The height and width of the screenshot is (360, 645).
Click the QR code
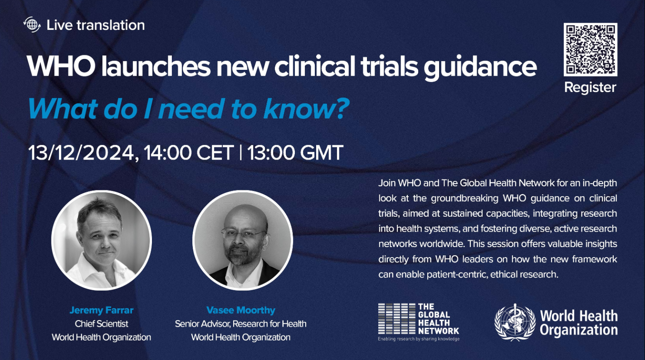pyautogui.click(x=590, y=49)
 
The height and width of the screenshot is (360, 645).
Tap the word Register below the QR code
pyautogui.click(x=590, y=88)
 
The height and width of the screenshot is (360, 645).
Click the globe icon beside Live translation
pyautogui.click(x=32, y=25)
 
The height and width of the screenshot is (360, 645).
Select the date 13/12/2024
pyautogui.click(x=81, y=152)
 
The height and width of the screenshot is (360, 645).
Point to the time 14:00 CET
pyautogui.click(x=189, y=152)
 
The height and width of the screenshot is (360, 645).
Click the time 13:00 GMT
pyautogui.click(x=295, y=152)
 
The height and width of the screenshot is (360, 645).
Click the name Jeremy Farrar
pyautogui.click(x=101, y=310)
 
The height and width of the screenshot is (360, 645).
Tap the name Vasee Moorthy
pyautogui.click(x=241, y=310)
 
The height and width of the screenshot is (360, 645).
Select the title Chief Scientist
pyautogui.click(x=101, y=324)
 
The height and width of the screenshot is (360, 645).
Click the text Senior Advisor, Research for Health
pyautogui.click(x=241, y=324)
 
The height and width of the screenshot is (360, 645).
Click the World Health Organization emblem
pyautogui.click(x=515, y=322)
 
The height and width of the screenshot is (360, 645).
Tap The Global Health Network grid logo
pyautogui.click(x=396, y=319)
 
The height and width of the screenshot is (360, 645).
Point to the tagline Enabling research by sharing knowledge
pyautogui.click(x=419, y=339)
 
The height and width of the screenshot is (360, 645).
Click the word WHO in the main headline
pyautogui.click(x=61, y=67)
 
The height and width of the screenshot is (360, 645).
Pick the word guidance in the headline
pyautogui.click(x=480, y=68)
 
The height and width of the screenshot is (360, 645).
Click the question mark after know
pyautogui.click(x=342, y=109)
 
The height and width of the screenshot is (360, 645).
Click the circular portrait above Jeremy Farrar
pyautogui.click(x=101, y=240)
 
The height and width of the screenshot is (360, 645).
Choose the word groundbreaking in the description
pyautogui.click(x=464, y=199)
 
